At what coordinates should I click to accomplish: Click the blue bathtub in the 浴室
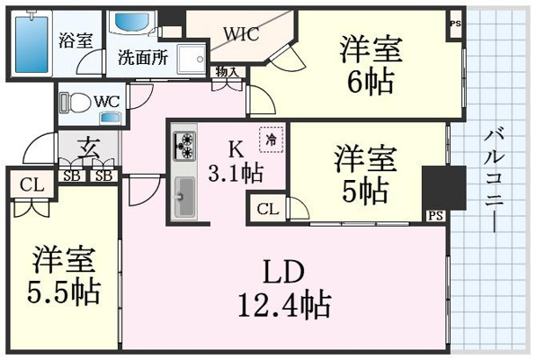coord(31,43)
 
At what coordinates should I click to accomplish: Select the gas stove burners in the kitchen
coord(184,146)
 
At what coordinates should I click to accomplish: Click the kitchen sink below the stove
coord(184,198)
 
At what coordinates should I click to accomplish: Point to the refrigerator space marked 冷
coord(271,139)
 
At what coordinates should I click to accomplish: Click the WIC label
coord(241,33)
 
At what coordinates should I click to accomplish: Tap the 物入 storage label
coord(227,72)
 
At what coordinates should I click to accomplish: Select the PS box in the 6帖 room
coord(455,24)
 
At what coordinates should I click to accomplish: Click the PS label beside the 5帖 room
coord(435,216)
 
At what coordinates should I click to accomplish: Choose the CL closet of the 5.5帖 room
coord(32,185)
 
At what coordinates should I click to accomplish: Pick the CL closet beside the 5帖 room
coord(268,209)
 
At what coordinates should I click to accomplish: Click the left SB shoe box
coord(72,175)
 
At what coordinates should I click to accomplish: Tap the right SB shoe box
coord(103,175)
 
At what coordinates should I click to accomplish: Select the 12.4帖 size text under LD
coord(284,304)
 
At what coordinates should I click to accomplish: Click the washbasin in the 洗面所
coord(133,22)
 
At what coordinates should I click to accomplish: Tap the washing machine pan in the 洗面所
coord(192,59)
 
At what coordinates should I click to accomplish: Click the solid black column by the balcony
coord(444,188)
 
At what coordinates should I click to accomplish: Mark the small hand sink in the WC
coord(110,118)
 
